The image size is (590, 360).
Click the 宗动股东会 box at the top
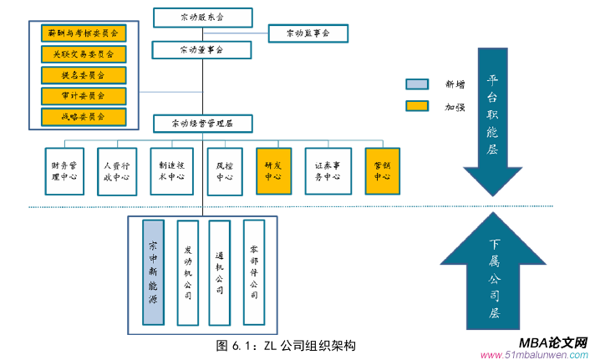(x=201, y=17)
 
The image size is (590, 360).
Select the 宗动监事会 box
(x=308, y=33)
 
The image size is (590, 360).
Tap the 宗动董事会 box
(x=201, y=50)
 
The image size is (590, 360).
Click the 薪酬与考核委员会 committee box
(x=83, y=34)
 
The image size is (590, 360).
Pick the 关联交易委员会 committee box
(x=83, y=54)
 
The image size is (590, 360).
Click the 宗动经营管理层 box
(x=201, y=124)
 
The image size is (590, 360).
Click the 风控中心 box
(x=224, y=171)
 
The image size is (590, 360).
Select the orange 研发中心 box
(x=273, y=171)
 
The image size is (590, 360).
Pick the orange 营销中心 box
(x=382, y=171)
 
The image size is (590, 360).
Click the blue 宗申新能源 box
(x=154, y=273)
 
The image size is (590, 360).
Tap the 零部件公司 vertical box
(x=254, y=271)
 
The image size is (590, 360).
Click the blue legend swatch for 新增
(x=417, y=84)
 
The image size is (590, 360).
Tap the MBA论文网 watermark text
(x=552, y=342)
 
